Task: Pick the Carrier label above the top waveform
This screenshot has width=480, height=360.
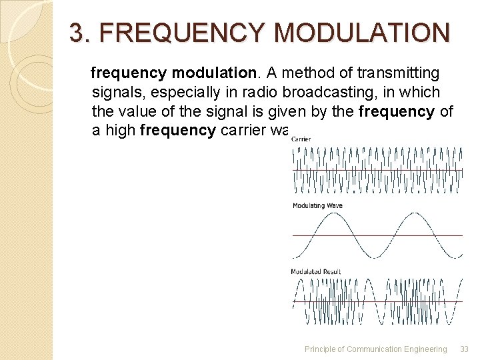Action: pos(301,139)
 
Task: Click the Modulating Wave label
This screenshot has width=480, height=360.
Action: pos(317,205)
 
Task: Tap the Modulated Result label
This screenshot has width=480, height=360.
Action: pos(316,271)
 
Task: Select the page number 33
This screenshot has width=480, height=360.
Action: pos(465,349)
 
